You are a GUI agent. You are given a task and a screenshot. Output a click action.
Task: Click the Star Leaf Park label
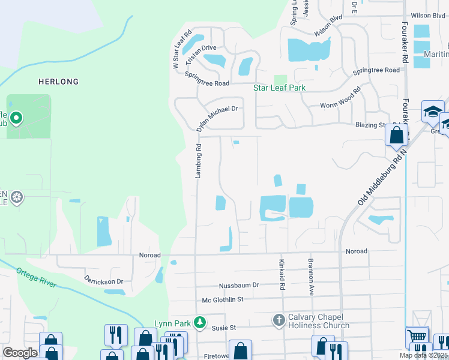pyautogui.click(x=279, y=88)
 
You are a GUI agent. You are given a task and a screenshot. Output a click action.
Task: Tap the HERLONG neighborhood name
pyautogui.click(x=58, y=81)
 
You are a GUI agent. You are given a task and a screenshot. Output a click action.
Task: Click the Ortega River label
pyautogui.click(x=37, y=277)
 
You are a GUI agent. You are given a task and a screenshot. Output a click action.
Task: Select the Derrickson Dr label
pyautogui.click(x=103, y=281)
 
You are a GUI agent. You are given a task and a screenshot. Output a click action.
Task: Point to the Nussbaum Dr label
pyautogui.click(x=238, y=285)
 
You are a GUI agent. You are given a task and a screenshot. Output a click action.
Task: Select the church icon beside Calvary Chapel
pyautogui.click(x=279, y=320)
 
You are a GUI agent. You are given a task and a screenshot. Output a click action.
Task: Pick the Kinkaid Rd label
pyautogui.click(x=281, y=275)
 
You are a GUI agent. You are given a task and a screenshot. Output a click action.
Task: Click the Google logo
pyautogui.click(x=20, y=353)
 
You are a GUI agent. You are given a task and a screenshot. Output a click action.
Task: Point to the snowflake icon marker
pyautogui.click(x=17, y=197)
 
